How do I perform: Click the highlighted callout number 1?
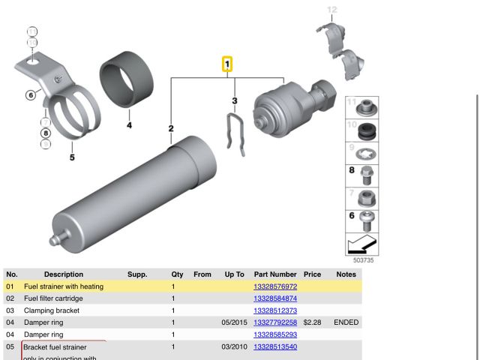226,65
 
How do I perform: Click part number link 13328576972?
275,286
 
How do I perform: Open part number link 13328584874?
275,298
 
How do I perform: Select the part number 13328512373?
275,310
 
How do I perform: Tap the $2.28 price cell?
312,322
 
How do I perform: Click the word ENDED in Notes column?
346,322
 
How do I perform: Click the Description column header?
64,274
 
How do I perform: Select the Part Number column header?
275,274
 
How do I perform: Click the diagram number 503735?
362,260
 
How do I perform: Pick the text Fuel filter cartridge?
53,298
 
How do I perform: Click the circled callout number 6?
31,95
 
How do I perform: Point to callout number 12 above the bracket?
332,10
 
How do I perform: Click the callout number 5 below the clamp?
72,157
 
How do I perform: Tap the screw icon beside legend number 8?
367,175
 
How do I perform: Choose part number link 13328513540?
275,347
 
